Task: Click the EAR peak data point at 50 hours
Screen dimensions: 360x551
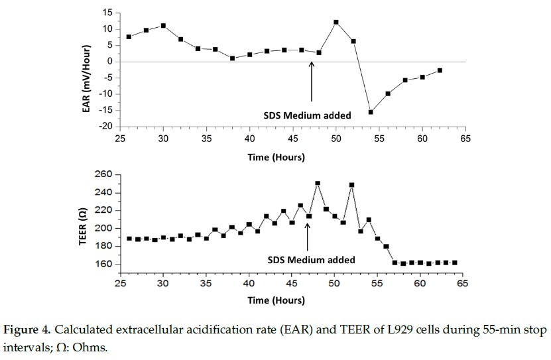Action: point(336,23)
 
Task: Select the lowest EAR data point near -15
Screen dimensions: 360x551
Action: point(371,112)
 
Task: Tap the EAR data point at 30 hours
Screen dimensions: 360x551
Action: point(163,26)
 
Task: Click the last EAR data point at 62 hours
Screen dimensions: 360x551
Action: point(440,70)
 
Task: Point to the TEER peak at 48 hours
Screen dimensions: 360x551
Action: point(318,183)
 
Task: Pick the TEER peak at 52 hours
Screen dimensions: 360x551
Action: point(351,185)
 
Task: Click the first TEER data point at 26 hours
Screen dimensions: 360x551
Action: point(129,239)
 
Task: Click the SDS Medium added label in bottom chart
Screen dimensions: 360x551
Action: point(312,260)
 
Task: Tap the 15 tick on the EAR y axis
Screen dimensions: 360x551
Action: point(105,13)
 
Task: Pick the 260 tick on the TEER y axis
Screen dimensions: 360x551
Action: point(103,175)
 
